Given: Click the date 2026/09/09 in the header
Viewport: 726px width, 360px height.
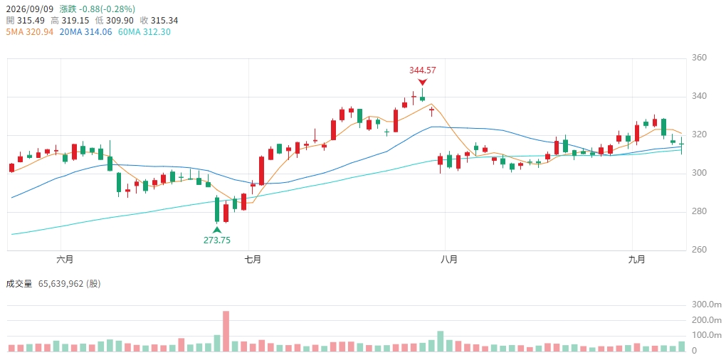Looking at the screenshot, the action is point(30,9).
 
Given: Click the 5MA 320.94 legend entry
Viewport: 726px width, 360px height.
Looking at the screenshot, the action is point(30,32).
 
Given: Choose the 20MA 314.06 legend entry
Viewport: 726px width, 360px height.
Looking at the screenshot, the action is point(85,32).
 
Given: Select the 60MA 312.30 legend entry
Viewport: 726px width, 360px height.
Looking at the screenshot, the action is point(144,32).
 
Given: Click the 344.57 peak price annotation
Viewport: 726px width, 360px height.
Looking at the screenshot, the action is point(423,70).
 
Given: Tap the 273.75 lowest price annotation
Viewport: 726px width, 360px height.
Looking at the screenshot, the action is point(216,240).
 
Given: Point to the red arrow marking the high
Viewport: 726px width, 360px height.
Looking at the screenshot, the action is point(422,83).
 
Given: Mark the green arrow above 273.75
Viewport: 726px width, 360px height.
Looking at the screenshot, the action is point(216,230).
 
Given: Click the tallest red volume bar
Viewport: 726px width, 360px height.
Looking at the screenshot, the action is point(226,332).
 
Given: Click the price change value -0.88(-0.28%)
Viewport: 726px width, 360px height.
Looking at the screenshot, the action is point(107,9).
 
